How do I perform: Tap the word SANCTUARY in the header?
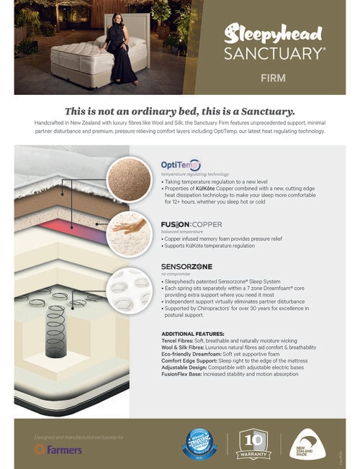(274, 53)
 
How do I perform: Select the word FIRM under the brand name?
(274, 77)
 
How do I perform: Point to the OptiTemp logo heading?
(181, 165)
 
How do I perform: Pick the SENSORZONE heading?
(186, 267)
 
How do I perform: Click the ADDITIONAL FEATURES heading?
(192, 334)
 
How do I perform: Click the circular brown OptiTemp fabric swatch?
(129, 179)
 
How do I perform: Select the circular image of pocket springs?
(129, 290)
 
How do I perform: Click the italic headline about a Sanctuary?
(179, 111)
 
